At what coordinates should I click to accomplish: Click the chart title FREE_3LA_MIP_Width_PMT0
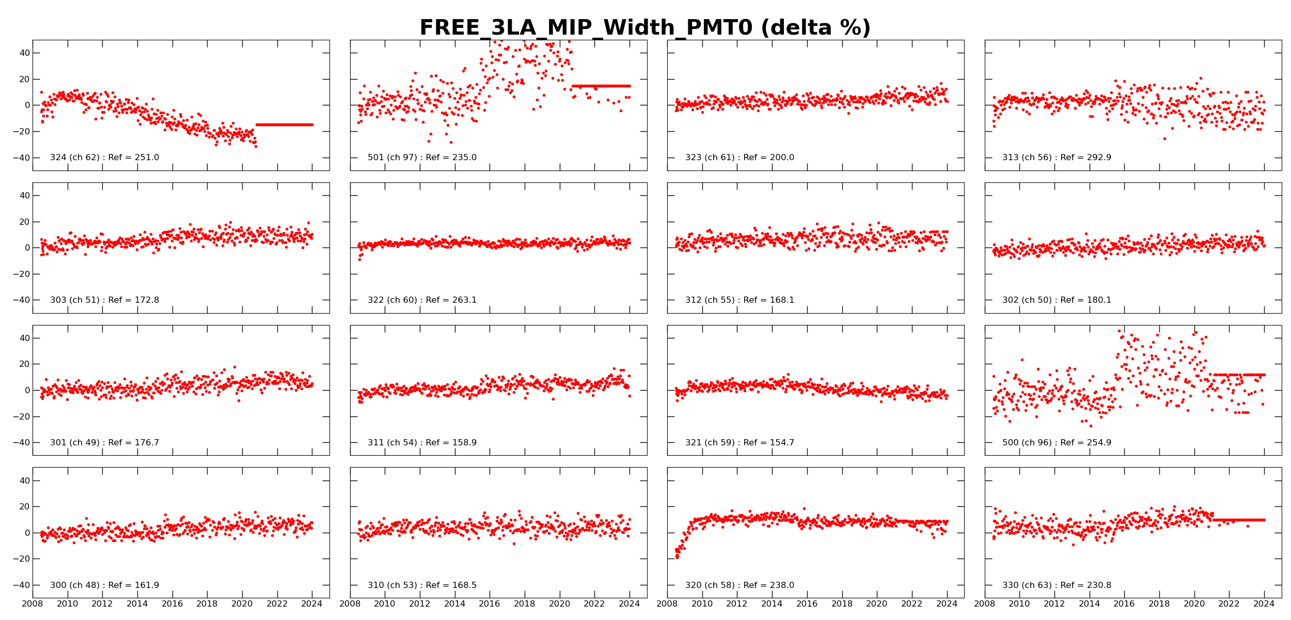(x=586, y=28)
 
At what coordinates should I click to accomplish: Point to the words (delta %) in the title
(x=816, y=28)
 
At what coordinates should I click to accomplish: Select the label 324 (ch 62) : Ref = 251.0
(x=104, y=158)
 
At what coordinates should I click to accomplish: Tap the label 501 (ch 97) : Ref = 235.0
(x=422, y=158)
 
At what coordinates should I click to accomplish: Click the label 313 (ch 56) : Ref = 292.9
(x=1057, y=158)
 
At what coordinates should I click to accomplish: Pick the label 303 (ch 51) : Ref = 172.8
(x=104, y=300)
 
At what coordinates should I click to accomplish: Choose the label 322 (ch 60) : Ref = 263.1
(x=422, y=300)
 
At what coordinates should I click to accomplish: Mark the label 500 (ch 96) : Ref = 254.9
(x=1057, y=443)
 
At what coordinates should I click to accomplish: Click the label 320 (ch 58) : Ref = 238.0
(x=739, y=585)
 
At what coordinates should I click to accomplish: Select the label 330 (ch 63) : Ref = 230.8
(x=1057, y=585)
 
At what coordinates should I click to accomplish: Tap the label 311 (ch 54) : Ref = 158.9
(x=422, y=443)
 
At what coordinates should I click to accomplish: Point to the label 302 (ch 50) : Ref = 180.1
(x=1057, y=300)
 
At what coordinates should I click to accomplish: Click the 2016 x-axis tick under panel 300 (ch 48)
(x=172, y=604)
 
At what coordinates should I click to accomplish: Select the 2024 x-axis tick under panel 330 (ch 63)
(x=1264, y=604)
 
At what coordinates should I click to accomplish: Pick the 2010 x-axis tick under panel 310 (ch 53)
(x=385, y=604)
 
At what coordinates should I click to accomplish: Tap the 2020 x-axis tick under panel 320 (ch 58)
(x=877, y=604)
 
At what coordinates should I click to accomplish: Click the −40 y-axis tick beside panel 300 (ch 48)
(x=21, y=585)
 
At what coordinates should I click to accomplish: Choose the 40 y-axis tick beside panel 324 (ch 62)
(x=24, y=53)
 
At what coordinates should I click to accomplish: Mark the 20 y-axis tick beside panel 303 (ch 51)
(x=24, y=222)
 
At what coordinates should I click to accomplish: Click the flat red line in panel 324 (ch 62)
(x=284, y=125)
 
